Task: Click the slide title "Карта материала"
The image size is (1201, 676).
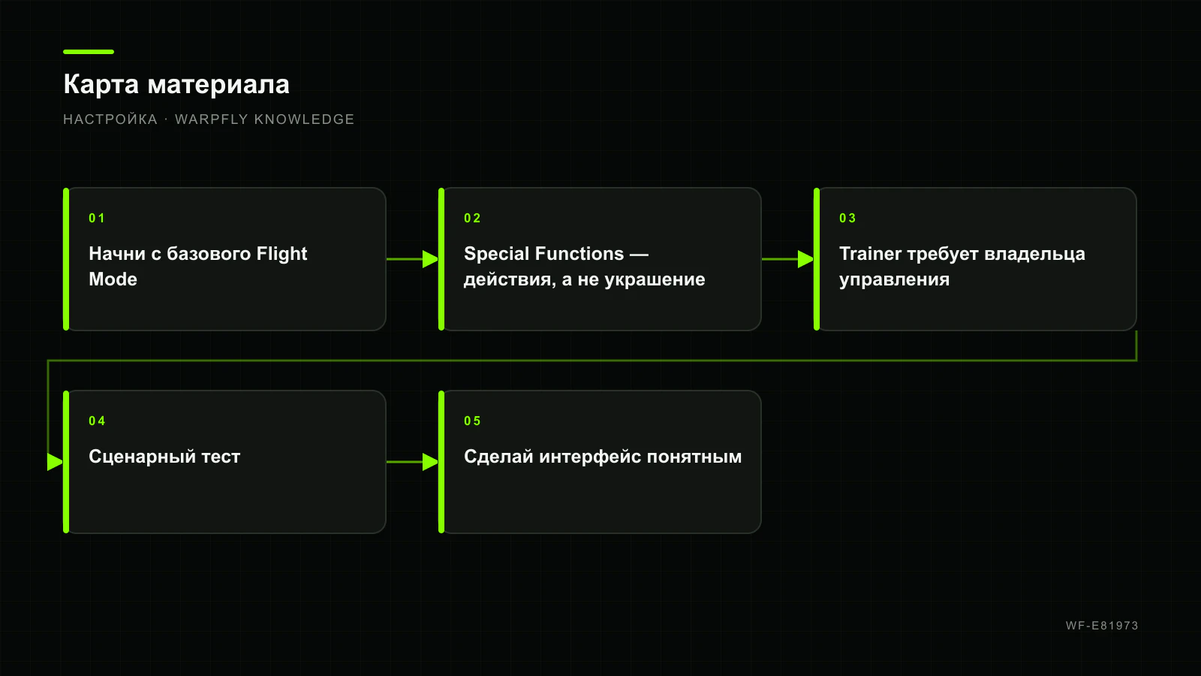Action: [176, 85]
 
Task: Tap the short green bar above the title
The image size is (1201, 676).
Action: [89, 52]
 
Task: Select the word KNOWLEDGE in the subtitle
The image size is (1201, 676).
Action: [304, 119]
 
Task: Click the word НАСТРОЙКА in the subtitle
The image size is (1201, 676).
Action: [110, 119]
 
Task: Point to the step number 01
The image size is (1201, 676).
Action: [97, 219]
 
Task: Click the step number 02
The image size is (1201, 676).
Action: [472, 219]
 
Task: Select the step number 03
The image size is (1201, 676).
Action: [847, 219]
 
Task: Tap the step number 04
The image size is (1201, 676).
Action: [97, 421]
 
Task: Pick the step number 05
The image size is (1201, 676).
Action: [472, 421]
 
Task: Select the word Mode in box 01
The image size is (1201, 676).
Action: [113, 279]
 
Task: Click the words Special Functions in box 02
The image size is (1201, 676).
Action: [543, 254]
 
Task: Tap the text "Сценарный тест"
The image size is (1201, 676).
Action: [164, 457]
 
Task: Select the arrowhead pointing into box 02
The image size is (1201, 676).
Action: [431, 259]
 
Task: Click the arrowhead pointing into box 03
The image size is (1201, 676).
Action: [806, 259]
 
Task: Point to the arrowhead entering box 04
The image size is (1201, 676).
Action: [56, 462]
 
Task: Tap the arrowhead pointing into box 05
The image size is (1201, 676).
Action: [431, 462]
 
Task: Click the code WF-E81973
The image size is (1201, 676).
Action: [1102, 626]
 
